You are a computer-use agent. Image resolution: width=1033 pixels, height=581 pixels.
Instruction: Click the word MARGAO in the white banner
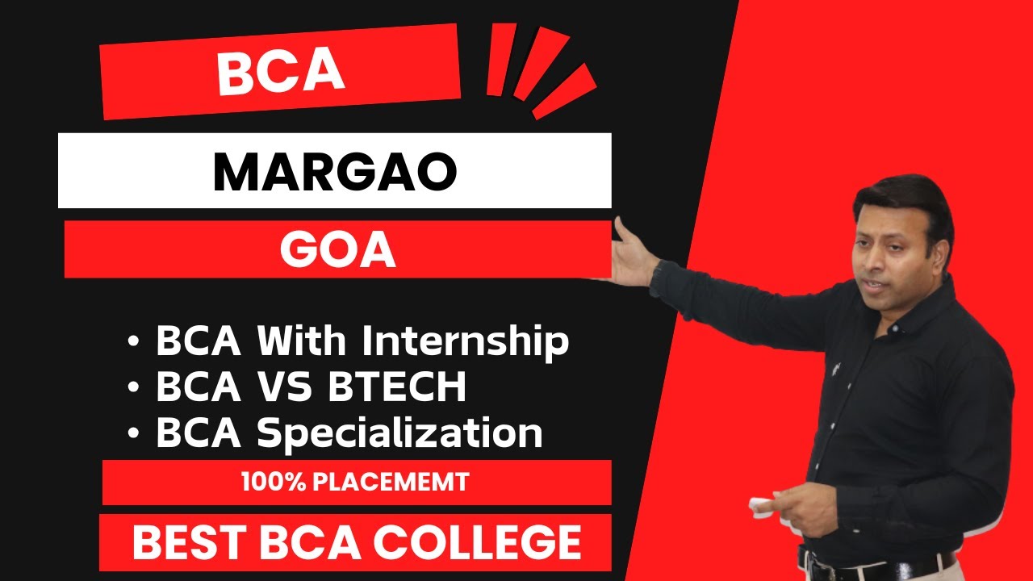tap(335, 173)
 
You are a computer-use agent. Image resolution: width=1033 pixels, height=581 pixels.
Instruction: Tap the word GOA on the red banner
tap(337, 251)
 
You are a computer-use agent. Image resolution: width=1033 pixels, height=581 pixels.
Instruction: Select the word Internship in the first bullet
tap(465, 341)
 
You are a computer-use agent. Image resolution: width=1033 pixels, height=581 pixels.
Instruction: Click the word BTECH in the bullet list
tap(397, 388)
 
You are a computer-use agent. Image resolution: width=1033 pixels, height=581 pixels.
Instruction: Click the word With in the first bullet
tap(303, 341)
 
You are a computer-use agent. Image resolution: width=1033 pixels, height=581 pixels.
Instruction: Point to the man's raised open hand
tap(632, 252)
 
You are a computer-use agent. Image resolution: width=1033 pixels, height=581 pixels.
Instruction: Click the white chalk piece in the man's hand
tap(761, 506)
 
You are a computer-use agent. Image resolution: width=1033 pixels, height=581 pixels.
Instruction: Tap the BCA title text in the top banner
tap(280, 72)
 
